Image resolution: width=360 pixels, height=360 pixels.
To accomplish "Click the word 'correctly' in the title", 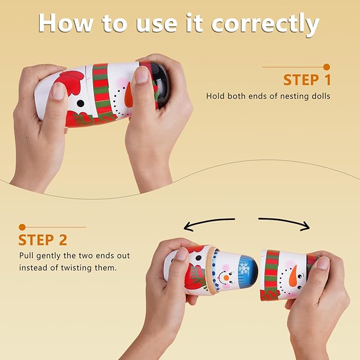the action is pyautogui.click(x=266, y=24).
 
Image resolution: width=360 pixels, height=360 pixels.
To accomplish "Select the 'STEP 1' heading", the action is pyautogui.click(x=307, y=80).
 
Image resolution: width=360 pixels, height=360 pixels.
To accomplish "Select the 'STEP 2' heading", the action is pyautogui.click(x=43, y=240).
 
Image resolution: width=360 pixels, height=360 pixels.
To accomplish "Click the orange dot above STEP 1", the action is pyautogui.click(x=327, y=67).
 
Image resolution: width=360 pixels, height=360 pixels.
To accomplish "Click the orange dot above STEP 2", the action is pyautogui.click(x=22, y=227).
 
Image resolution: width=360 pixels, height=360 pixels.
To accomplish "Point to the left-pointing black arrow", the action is pyautogui.click(x=209, y=224).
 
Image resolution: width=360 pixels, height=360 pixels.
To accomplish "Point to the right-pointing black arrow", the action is pyautogui.click(x=284, y=223).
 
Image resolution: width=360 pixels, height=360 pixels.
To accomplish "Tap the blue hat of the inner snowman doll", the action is pyautogui.click(x=248, y=268).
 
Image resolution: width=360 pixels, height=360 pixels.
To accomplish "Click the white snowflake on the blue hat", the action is pyautogui.click(x=243, y=268).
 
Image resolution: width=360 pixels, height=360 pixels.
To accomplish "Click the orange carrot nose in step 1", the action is pyautogui.click(x=129, y=95).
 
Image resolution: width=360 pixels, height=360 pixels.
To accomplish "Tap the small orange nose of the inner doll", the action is pyautogui.click(x=226, y=278).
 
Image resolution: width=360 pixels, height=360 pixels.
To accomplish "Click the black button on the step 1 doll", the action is pyautogui.click(x=81, y=103).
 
